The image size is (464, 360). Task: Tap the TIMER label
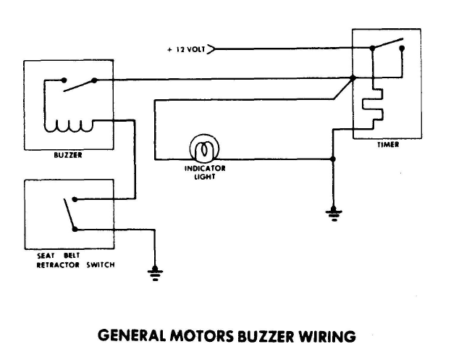pyautogui.click(x=387, y=144)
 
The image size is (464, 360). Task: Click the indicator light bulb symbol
pyautogui.click(x=204, y=149)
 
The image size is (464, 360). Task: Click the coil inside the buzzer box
pyautogui.click(x=67, y=127)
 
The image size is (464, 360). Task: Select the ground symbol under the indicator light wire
pyautogui.click(x=333, y=213)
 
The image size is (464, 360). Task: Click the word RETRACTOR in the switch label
pyautogui.click(x=67, y=264)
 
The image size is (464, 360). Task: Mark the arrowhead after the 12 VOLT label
pyautogui.click(x=212, y=50)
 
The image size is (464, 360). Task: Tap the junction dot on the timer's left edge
pyautogui.click(x=353, y=78)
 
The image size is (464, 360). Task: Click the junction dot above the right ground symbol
pyautogui.click(x=333, y=159)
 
